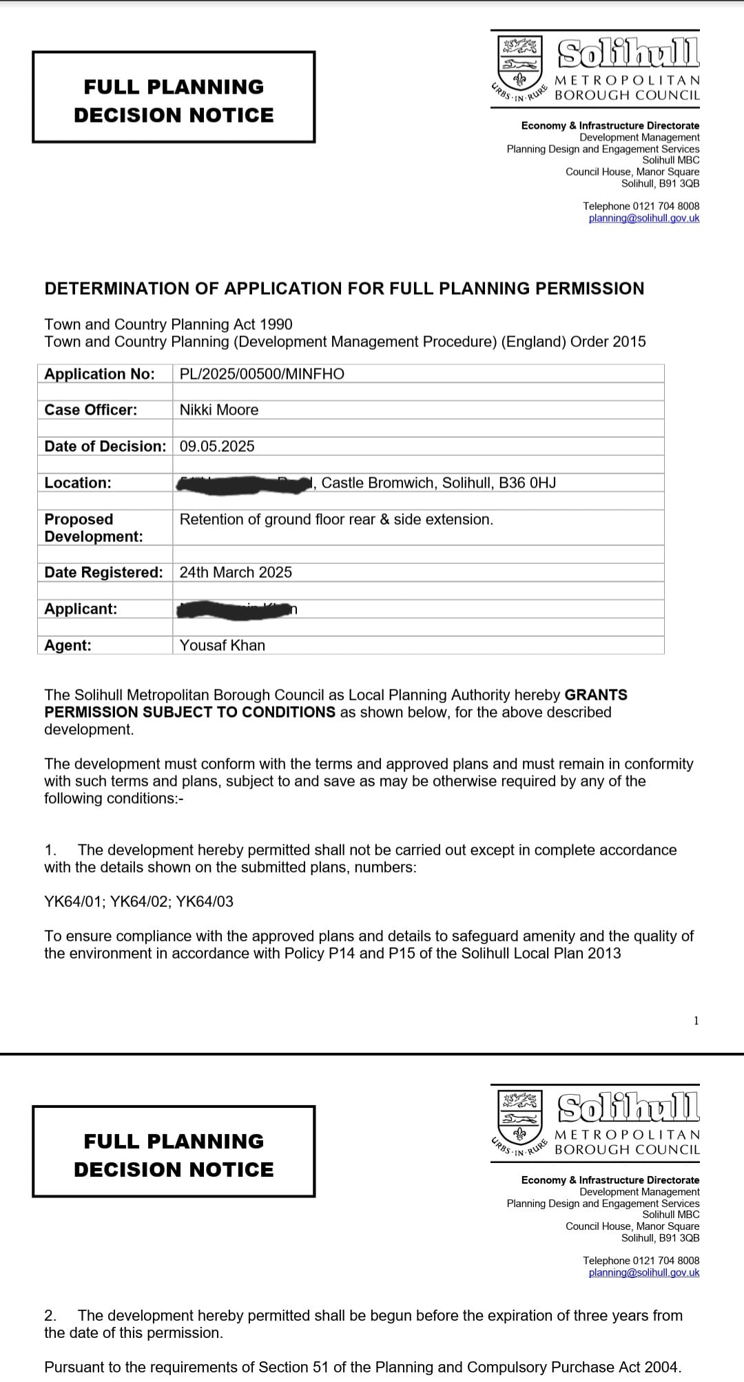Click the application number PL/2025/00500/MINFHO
click(x=262, y=374)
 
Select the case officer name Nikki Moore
click(x=219, y=410)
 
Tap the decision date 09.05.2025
click(x=217, y=446)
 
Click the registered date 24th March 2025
click(x=236, y=572)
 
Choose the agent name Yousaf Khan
click(x=222, y=645)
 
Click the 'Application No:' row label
click(x=99, y=374)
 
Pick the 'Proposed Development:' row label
click(x=94, y=527)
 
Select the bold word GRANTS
click(x=596, y=695)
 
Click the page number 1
click(x=696, y=1020)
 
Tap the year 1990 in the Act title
click(x=276, y=324)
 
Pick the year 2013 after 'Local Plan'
click(x=604, y=953)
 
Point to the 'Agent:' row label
click(x=68, y=645)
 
